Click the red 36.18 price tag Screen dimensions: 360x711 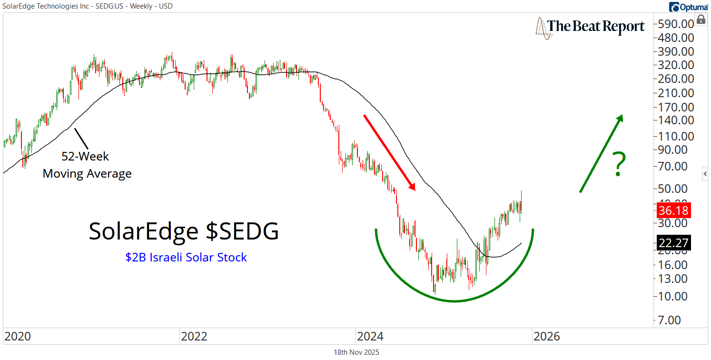tap(673, 210)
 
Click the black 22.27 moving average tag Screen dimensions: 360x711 tap(673, 243)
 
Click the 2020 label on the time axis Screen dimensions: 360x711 tap(18, 337)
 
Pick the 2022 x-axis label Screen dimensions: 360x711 tap(194, 337)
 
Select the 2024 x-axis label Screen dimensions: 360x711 tap(370, 337)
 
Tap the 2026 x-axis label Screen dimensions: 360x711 tap(547, 337)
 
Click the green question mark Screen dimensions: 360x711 tap(618, 164)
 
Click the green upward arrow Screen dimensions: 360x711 tap(601, 153)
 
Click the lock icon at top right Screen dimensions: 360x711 tap(701, 20)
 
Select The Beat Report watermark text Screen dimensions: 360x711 tap(596, 26)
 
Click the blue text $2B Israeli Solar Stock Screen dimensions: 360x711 tap(186, 258)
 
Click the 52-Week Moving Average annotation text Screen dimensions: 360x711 tap(87, 165)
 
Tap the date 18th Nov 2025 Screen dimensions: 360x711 tap(356, 352)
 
